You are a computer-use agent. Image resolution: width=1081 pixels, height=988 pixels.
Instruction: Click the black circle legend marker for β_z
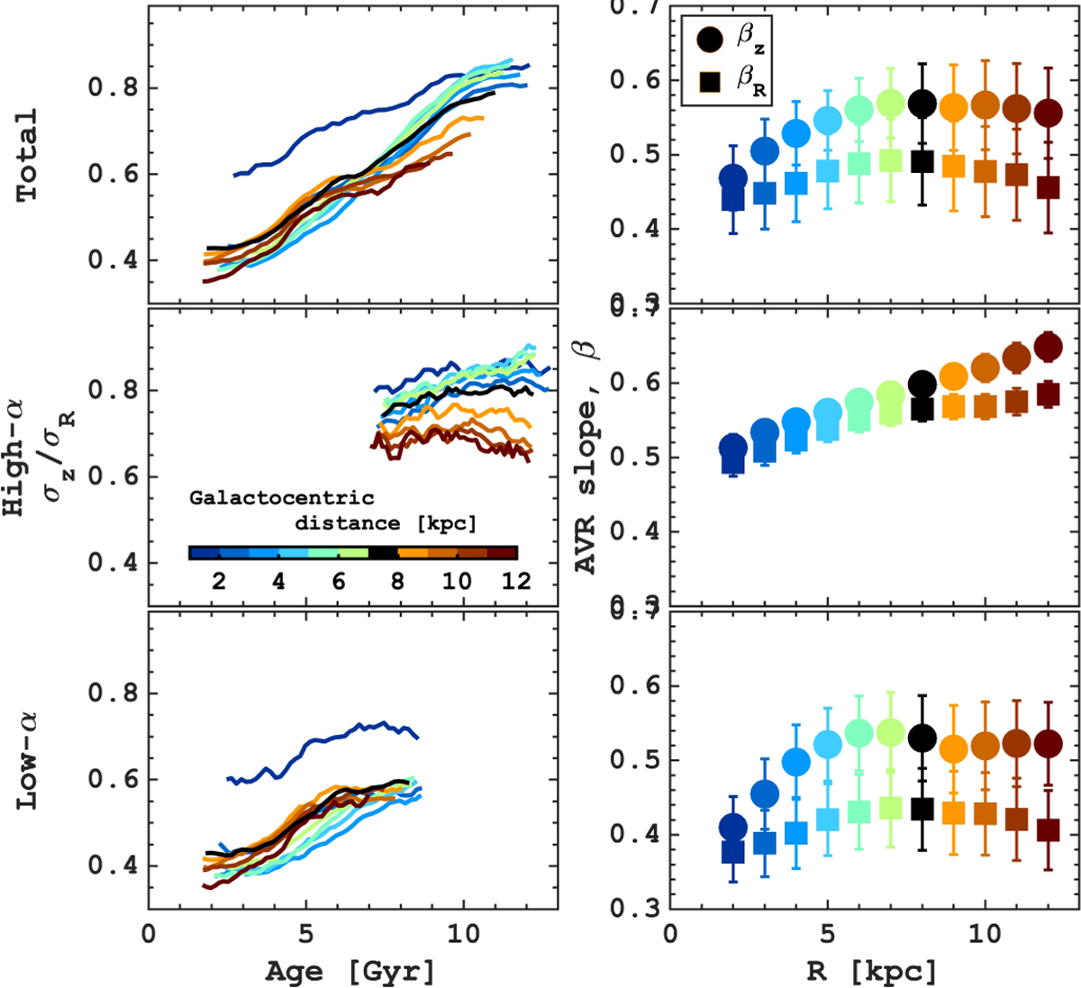click(710, 39)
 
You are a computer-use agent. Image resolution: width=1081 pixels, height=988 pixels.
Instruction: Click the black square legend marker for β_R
click(710, 82)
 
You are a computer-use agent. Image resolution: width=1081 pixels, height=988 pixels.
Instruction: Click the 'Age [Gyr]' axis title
click(350, 971)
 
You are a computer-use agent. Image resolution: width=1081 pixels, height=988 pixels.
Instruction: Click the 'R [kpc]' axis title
click(873, 971)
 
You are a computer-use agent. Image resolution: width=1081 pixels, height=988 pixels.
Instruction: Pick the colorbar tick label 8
click(397, 581)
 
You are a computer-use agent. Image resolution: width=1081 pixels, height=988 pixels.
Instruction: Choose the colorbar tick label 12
click(516, 581)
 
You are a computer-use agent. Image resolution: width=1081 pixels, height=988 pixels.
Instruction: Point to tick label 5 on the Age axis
click(306, 932)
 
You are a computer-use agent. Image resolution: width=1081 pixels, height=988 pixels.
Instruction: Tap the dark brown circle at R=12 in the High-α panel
click(1048, 347)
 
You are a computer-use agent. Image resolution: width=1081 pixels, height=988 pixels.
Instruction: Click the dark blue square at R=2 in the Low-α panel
click(733, 851)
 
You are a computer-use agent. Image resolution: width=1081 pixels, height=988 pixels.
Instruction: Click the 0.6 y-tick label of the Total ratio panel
click(113, 174)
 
